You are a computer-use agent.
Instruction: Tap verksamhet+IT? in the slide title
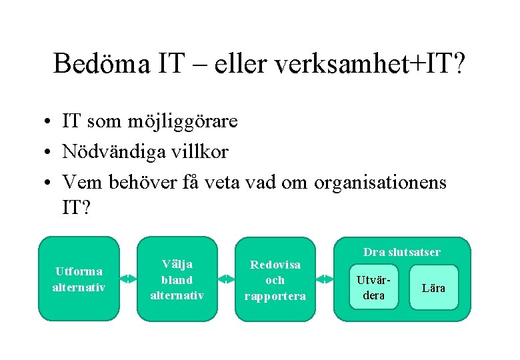coord(374,64)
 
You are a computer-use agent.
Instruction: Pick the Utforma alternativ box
coord(79,279)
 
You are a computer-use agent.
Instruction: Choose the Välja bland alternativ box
coord(177,279)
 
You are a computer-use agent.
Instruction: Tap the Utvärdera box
coord(373,287)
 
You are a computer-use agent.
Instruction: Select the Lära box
coord(434,287)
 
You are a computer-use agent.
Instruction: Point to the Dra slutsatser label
coord(401,252)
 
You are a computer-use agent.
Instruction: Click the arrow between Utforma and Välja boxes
coord(128,279)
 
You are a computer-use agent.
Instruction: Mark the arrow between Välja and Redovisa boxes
coord(226,279)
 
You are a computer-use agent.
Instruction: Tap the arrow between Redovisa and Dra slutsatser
coord(324,279)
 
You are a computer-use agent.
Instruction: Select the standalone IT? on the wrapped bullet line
coord(75,209)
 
